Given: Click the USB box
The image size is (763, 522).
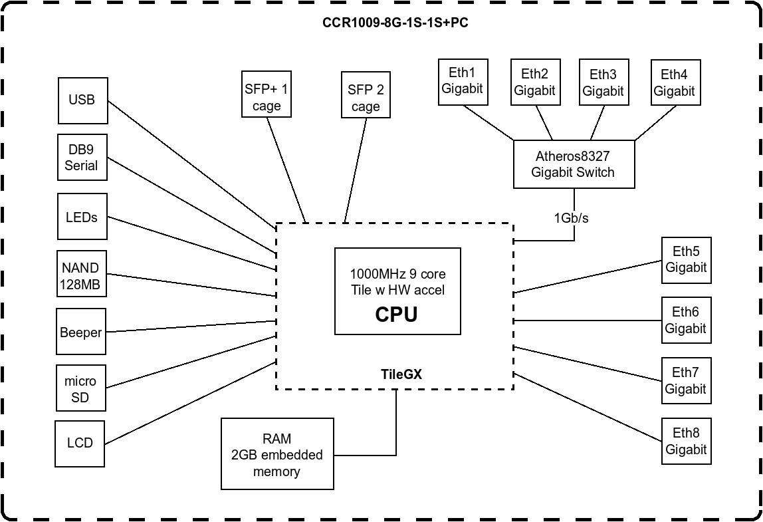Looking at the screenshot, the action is [x=82, y=100].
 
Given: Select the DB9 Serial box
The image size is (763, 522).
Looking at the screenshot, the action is [x=82, y=158].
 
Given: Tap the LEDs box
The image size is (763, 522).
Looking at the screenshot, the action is [x=82, y=216].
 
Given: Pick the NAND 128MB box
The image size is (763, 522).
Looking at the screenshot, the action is [x=81, y=274].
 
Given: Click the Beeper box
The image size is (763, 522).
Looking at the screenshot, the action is [x=81, y=331].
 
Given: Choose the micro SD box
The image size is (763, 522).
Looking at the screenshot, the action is [x=81, y=388].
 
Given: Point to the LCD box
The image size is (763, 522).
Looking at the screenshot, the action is [x=80, y=444].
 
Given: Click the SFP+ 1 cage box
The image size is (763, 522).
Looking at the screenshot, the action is [x=266, y=94].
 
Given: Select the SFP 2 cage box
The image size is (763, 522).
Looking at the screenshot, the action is [x=366, y=94].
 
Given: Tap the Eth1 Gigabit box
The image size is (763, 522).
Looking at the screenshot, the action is [x=463, y=82].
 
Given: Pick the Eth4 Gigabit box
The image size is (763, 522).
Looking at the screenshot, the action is [x=676, y=82].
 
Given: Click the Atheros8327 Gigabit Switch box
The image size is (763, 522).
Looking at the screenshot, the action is [x=574, y=164].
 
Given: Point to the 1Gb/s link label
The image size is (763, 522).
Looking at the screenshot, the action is [x=572, y=217].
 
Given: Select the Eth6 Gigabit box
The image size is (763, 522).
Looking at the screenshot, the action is [x=687, y=320].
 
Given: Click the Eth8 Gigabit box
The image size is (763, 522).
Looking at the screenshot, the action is [x=687, y=441].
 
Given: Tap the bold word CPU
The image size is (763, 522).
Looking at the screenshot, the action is [x=396, y=314].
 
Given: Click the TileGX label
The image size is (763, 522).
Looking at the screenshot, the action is [x=401, y=374].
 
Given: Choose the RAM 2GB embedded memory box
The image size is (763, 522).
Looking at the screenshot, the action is [x=277, y=454].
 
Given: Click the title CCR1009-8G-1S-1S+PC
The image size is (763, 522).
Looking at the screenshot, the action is [x=395, y=23].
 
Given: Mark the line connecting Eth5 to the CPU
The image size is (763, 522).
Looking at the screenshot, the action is [x=588, y=277].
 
